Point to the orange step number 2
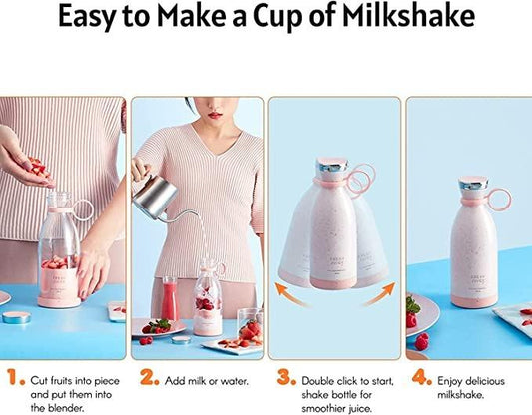tap(149, 378)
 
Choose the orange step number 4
tap(422, 378)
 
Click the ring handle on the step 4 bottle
tap(497, 198)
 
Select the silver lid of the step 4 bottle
tap(472, 188)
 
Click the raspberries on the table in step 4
tap(420, 341)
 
